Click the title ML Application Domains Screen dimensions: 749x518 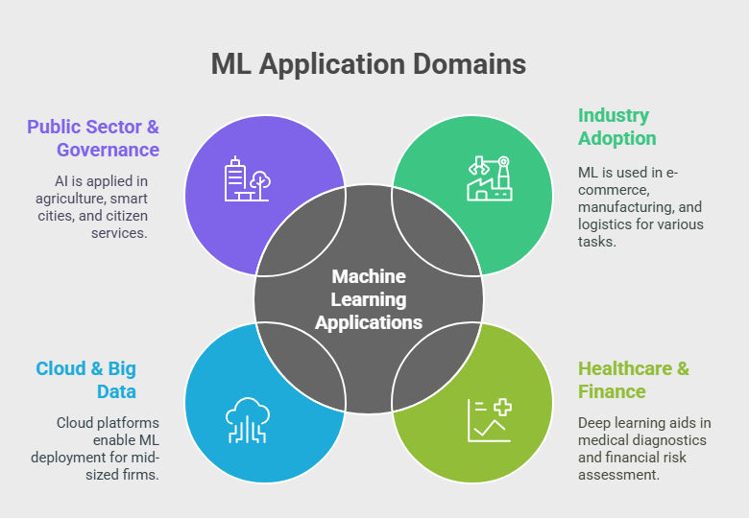(x=369, y=64)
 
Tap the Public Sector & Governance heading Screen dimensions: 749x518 (x=93, y=138)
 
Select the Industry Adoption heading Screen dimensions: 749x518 (x=616, y=127)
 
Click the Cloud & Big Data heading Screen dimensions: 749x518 (x=86, y=380)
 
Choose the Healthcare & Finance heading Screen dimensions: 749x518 (x=634, y=380)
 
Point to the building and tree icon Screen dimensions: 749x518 (x=248, y=178)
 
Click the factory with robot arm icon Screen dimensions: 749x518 (x=490, y=178)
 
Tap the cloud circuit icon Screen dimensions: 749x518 (x=248, y=420)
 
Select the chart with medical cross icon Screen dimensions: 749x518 (x=490, y=420)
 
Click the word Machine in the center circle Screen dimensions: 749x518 (x=369, y=276)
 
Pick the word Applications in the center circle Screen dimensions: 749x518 (x=369, y=323)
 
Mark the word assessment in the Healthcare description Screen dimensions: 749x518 (x=618, y=475)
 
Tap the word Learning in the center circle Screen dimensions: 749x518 (x=369, y=300)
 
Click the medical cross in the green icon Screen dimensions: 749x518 (x=502, y=408)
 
